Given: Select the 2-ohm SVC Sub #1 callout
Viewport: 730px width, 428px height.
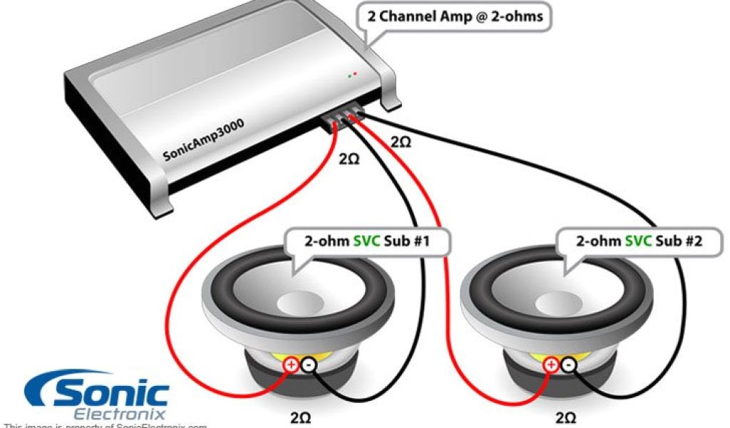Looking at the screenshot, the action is coord(368,242).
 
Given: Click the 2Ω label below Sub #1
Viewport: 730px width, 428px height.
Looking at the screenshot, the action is coord(299,416).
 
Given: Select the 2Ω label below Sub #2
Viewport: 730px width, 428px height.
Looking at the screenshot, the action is coord(564,416).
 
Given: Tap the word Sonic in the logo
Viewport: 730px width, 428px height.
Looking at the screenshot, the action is coord(107,391).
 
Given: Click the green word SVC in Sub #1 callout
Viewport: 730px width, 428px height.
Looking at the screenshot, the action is coord(369,242).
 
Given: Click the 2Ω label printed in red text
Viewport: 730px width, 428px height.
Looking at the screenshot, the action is coord(401,142).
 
